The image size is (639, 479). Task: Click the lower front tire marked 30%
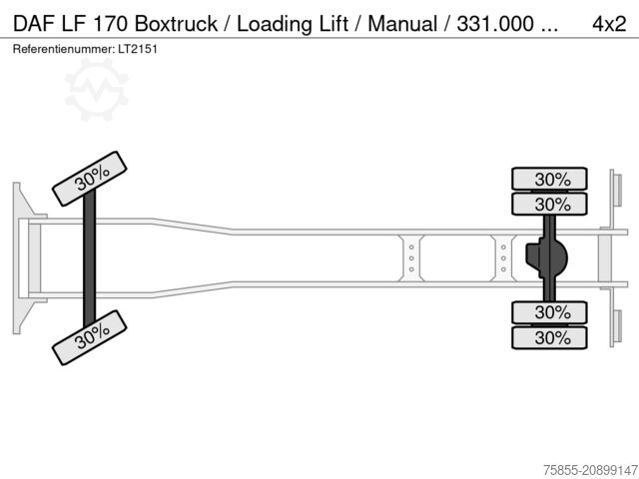pos(91,334)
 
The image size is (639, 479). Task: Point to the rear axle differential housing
pos(550,258)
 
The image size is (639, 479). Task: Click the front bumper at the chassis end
pos(18,256)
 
